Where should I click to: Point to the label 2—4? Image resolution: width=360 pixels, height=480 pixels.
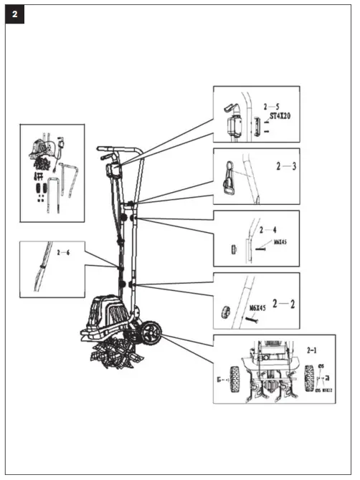click(268, 230)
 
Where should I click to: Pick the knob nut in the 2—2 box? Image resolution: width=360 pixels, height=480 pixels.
click(224, 312)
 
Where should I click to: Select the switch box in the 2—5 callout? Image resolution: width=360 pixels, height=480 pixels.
click(232, 125)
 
